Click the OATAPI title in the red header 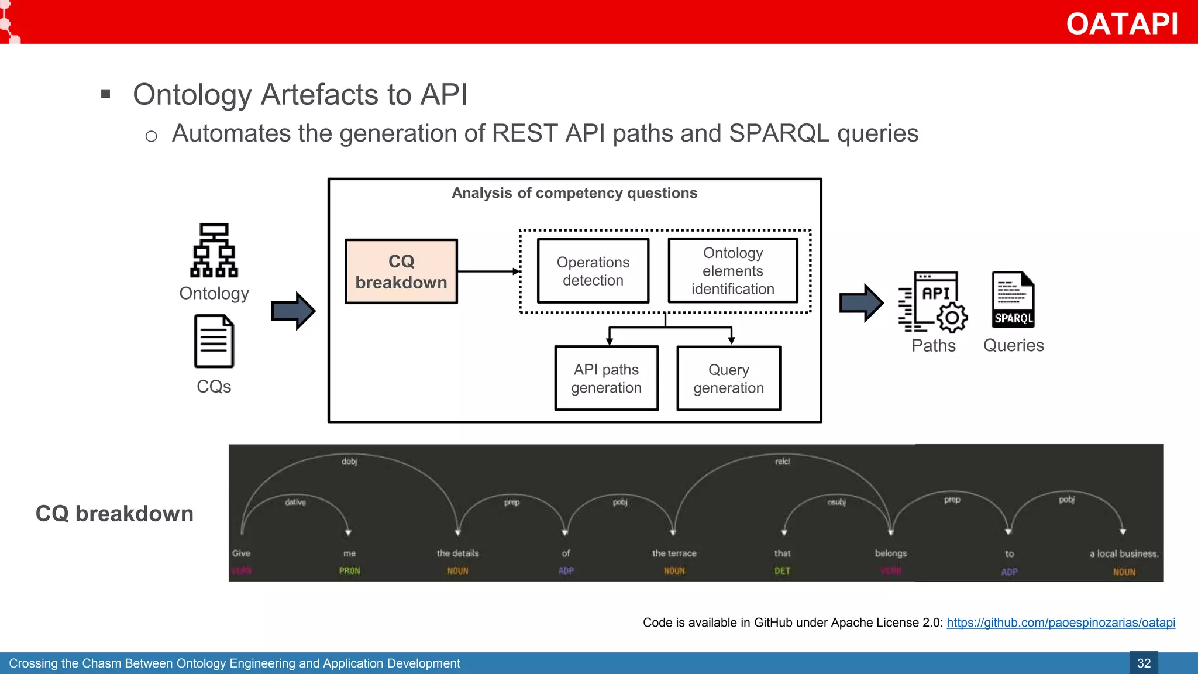click(1121, 24)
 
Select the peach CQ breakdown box click(401, 271)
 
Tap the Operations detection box click(593, 271)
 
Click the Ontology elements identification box click(732, 271)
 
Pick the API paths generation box click(606, 379)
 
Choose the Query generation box click(728, 379)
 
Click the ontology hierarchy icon click(214, 250)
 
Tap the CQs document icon click(214, 342)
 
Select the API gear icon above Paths click(934, 302)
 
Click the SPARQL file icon click(1013, 300)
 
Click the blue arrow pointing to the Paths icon click(861, 303)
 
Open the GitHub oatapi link click(1061, 623)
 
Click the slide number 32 click(1144, 663)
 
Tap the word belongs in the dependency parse click(890, 553)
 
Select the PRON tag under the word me click(349, 571)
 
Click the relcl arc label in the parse click(782, 462)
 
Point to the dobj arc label click(349, 462)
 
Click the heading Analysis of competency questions click(574, 193)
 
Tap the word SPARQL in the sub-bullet click(779, 133)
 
